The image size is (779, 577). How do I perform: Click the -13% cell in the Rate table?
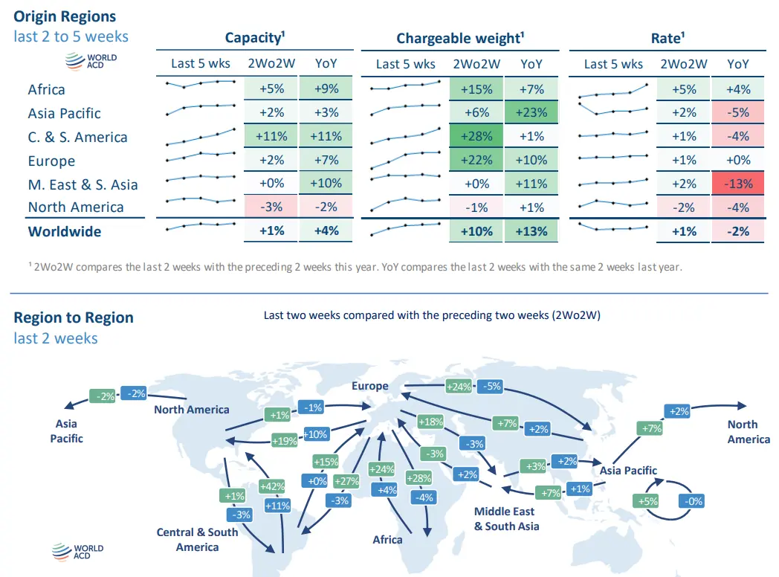(x=738, y=184)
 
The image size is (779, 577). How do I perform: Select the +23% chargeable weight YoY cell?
(x=531, y=112)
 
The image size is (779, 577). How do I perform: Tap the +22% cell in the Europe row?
(x=476, y=160)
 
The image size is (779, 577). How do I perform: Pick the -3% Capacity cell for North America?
(x=271, y=207)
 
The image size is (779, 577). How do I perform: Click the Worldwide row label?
(x=65, y=231)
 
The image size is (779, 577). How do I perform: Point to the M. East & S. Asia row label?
(x=83, y=184)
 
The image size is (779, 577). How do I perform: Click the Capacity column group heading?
(x=256, y=38)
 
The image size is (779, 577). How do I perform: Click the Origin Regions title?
(x=65, y=16)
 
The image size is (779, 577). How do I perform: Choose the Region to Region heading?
(x=74, y=317)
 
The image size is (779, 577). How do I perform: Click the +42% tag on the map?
(x=272, y=486)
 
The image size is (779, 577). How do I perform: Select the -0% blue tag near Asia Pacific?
(x=691, y=501)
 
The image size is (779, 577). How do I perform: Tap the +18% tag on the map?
(x=431, y=422)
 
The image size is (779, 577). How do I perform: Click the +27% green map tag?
(x=346, y=480)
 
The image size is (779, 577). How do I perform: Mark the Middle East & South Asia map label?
(x=506, y=518)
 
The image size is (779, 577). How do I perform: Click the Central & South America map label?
(x=197, y=539)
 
